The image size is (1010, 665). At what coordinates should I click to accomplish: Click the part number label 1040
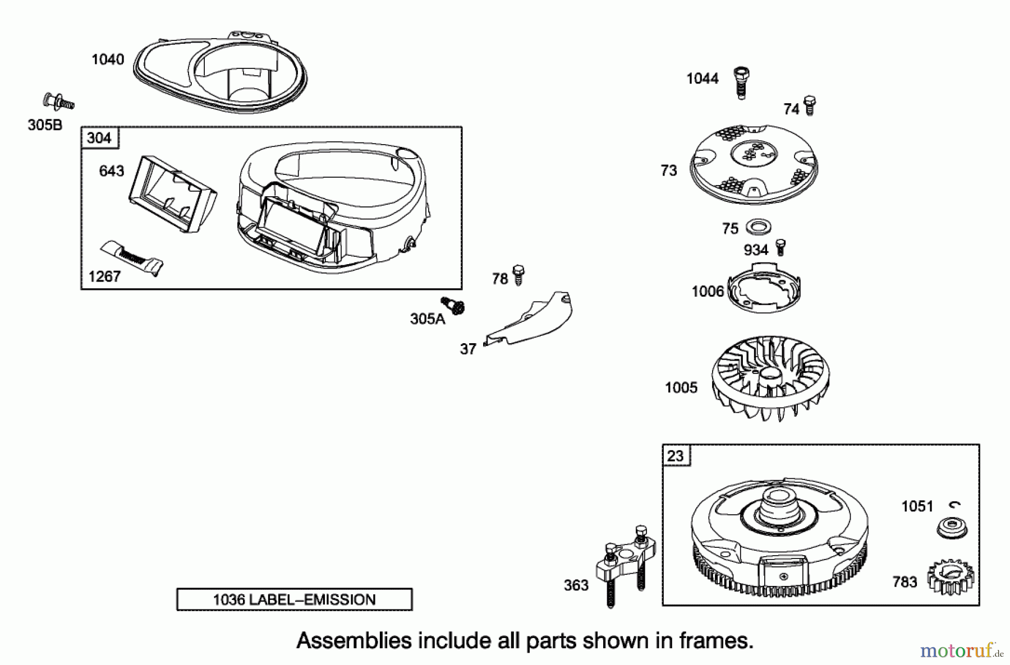[x=108, y=59]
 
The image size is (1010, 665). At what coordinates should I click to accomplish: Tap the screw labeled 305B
[x=58, y=102]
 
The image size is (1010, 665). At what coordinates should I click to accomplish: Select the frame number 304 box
[x=100, y=138]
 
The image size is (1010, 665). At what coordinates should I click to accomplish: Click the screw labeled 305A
[x=454, y=306]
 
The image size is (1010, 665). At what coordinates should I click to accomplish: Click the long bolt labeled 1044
[x=741, y=82]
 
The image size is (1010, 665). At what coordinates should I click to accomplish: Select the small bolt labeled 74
[x=809, y=105]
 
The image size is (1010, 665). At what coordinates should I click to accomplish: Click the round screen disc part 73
[x=753, y=164]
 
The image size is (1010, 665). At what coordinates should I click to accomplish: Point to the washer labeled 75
[x=758, y=227]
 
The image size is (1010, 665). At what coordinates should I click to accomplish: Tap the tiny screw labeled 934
[x=780, y=247]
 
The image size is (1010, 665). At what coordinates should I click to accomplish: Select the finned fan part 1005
[x=770, y=377]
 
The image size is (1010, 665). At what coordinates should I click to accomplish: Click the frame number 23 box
[x=676, y=456]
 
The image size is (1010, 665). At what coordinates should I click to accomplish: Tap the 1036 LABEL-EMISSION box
[x=294, y=599]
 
